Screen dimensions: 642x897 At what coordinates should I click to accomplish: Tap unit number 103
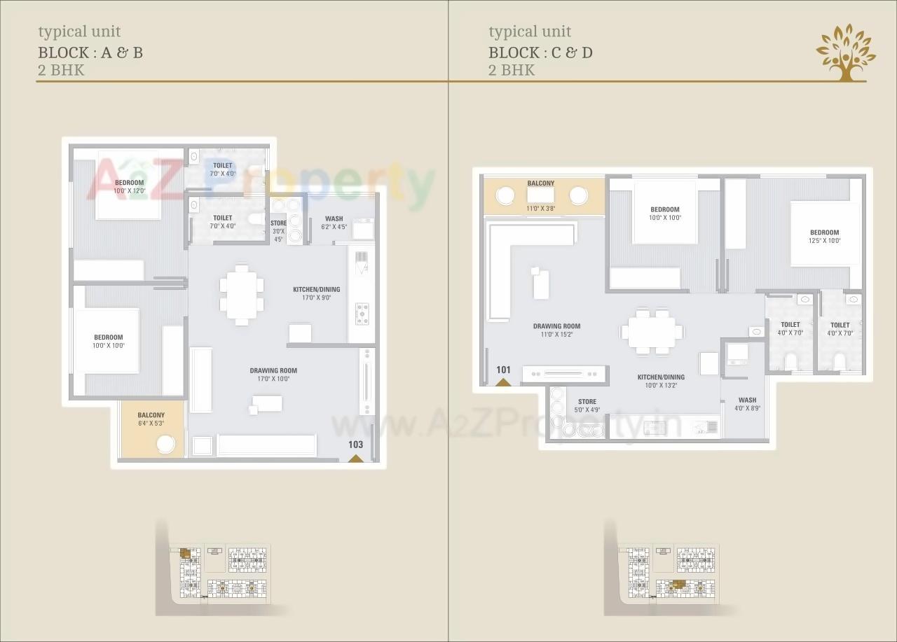click(x=355, y=445)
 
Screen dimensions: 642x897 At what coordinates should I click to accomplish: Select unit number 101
click(x=503, y=370)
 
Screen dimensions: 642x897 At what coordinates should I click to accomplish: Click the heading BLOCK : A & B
click(x=90, y=52)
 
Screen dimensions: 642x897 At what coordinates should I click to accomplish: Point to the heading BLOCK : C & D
click(x=540, y=52)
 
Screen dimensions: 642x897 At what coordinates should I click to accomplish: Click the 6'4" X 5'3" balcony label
click(x=151, y=419)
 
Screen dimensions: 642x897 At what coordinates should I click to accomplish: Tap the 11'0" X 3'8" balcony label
click(x=540, y=188)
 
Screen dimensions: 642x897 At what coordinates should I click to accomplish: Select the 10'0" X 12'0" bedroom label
click(x=129, y=187)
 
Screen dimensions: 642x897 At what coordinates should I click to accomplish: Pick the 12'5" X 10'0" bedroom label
click(x=824, y=237)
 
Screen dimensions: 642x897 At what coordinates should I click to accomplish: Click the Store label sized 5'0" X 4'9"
click(x=587, y=406)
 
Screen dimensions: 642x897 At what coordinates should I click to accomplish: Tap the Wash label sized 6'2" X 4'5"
click(x=334, y=223)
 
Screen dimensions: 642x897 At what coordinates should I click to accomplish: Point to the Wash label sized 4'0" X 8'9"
click(x=747, y=404)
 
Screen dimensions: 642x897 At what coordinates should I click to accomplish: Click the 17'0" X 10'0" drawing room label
click(x=273, y=375)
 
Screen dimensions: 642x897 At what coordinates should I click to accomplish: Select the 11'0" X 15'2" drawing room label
click(x=556, y=330)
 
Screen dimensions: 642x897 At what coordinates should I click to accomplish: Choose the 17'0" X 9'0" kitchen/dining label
click(x=316, y=293)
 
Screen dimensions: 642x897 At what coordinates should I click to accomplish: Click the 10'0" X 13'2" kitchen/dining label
click(x=661, y=381)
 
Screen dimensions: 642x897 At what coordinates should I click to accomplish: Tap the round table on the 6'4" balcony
click(x=165, y=444)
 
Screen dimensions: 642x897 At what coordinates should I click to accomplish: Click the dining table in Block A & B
click(x=241, y=294)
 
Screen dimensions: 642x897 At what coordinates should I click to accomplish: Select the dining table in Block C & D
click(x=651, y=332)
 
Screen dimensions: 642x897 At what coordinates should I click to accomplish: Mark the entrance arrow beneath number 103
click(x=355, y=458)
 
